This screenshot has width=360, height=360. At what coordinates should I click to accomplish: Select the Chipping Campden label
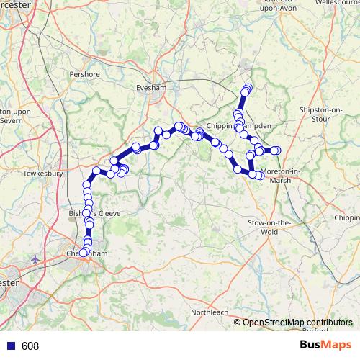tap(238, 125)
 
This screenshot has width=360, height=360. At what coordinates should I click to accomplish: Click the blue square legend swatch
tap(9, 346)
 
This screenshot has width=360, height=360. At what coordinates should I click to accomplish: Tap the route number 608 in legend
tap(30, 346)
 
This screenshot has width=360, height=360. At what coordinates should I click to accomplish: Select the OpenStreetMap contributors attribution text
tap(297, 323)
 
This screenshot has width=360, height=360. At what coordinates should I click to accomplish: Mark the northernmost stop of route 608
tap(248, 88)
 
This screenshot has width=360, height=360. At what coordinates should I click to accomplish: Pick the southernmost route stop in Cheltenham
tap(83, 253)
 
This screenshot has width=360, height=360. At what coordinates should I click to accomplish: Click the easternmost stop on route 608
tap(275, 150)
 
